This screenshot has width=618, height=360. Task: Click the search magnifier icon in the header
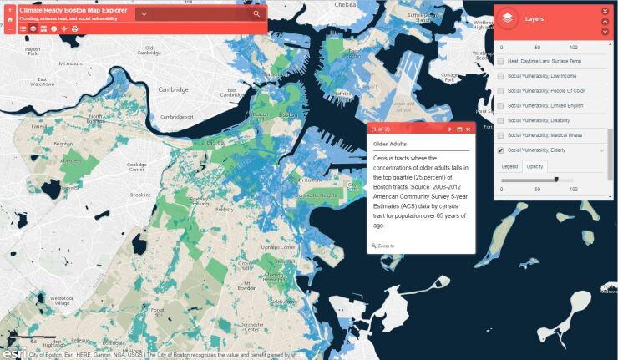(256, 13)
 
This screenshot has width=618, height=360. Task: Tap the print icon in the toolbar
(75, 28)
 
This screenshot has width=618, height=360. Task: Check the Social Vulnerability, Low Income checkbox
(500, 76)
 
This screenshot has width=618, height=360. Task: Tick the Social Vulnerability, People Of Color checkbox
(500, 91)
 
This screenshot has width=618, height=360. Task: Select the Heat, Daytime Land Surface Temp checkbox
(500, 61)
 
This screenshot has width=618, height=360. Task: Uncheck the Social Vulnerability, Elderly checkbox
(500, 150)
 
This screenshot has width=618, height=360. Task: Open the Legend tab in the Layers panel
(509, 166)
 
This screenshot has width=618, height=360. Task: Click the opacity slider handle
(556, 179)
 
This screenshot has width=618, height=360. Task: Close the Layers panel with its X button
(605, 11)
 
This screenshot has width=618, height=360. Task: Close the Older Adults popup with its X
(469, 129)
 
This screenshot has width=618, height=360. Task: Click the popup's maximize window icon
(459, 129)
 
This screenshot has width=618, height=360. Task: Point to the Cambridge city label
(174, 89)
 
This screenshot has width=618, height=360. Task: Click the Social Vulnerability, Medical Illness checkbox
(500, 135)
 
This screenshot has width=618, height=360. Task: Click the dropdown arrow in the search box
(144, 14)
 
